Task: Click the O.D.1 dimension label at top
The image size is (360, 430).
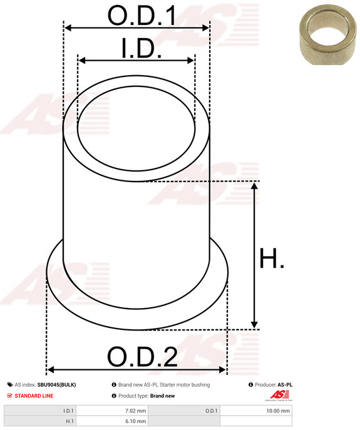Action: pos(141,16)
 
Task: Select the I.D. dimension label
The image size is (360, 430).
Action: pos(141,49)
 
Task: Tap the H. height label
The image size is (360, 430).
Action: pos(271,260)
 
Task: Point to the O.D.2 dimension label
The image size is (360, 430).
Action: pos(142,357)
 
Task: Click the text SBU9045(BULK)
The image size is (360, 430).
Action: pos(56,385)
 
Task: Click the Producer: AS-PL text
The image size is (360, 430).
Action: pos(274,385)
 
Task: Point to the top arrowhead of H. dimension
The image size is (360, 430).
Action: pos(254,185)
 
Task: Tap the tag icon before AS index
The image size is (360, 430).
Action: pos(9,385)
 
